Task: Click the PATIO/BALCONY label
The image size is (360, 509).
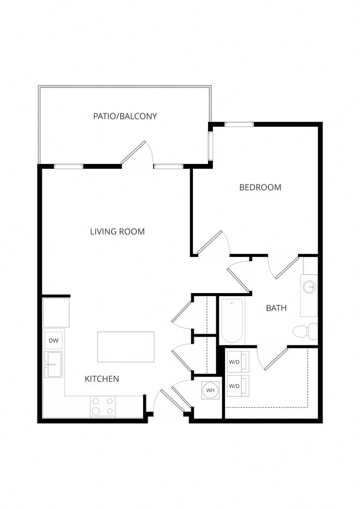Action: click(125, 116)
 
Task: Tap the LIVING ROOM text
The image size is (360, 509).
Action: click(117, 232)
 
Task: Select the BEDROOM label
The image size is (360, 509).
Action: click(260, 187)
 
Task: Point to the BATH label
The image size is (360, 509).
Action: click(276, 308)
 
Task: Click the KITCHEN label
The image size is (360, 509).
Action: click(101, 379)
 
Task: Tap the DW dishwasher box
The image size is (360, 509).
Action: click(54, 341)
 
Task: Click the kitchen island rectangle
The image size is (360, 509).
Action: click(125, 347)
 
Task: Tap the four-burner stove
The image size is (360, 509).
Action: click(103, 406)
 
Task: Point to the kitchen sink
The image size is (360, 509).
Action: click(54, 364)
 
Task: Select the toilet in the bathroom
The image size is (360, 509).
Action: click(303, 331)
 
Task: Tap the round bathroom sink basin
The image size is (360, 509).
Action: click(310, 287)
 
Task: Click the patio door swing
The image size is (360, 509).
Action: click(136, 153)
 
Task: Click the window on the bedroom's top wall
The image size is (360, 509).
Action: click(239, 124)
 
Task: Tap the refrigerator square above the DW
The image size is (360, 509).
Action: click(55, 312)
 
